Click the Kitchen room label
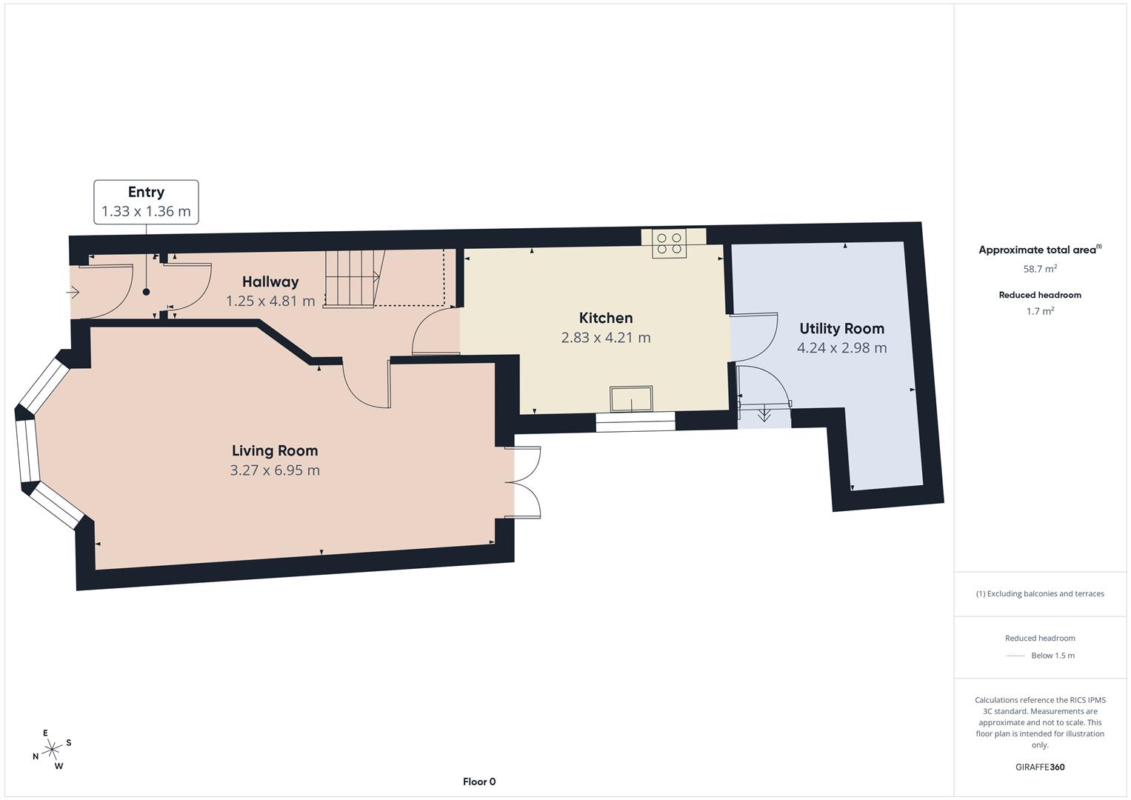[x=605, y=318]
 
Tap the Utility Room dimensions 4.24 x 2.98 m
[x=841, y=347]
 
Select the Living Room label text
[x=275, y=450]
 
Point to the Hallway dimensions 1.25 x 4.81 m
[x=270, y=301]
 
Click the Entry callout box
[x=146, y=201]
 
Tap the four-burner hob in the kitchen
[x=669, y=244]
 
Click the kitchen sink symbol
[x=631, y=399]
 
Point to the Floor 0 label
[x=479, y=781]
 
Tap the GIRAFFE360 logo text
[x=1040, y=767]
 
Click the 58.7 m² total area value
[x=1040, y=269]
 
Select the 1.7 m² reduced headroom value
[x=1040, y=311]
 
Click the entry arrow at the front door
[x=73, y=292]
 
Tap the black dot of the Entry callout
[x=146, y=292]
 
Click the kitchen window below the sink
[x=635, y=421]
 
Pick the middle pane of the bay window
[x=27, y=451]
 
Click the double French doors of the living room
[x=523, y=482]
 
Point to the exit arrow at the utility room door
[x=764, y=414]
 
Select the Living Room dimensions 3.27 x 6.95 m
[x=275, y=470]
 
